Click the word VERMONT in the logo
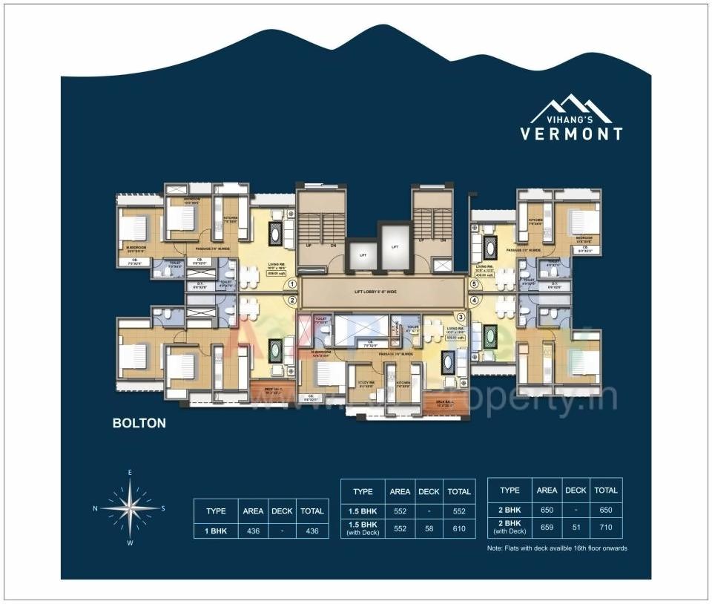pyautogui.click(x=571, y=134)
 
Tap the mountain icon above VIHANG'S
pyautogui.click(x=570, y=107)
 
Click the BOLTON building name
pyautogui.click(x=139, y=424)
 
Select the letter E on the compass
pyautogui.click(x=130, y=472)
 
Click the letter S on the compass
pyautogui.click(x=163, y=508)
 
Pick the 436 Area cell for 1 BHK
pyautogui.click(x=253, y=531)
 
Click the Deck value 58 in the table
pyautogui.click(x=429, y=528)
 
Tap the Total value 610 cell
pyautogui.click(x=459, y=528)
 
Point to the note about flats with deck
pyautogui.click(x=557, y=548)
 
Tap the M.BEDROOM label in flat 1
pyautogui.click(x=136, y=248)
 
